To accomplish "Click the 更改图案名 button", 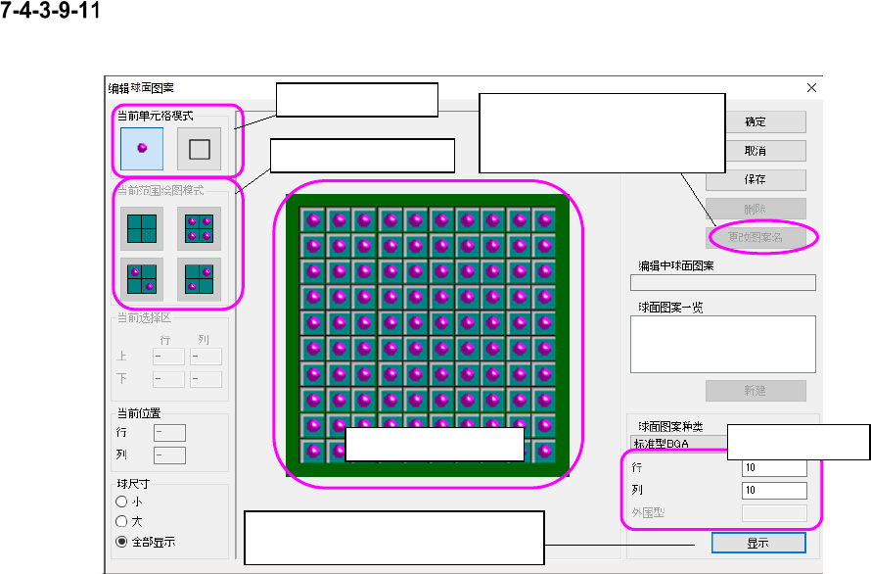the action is coord(756,237).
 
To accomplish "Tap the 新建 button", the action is coord(755,391).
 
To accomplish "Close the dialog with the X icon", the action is coord(810,87).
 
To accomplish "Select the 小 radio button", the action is coord(122,502).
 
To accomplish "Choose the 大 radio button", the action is coord(122,521).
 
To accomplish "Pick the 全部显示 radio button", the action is coord(122,541).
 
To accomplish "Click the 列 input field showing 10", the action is coord(774,490).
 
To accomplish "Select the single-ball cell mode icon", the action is coord(141,149).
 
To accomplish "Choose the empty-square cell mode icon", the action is coord(199,149).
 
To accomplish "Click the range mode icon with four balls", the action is coord(199,228).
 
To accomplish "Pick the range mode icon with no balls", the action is coord(141,228).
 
